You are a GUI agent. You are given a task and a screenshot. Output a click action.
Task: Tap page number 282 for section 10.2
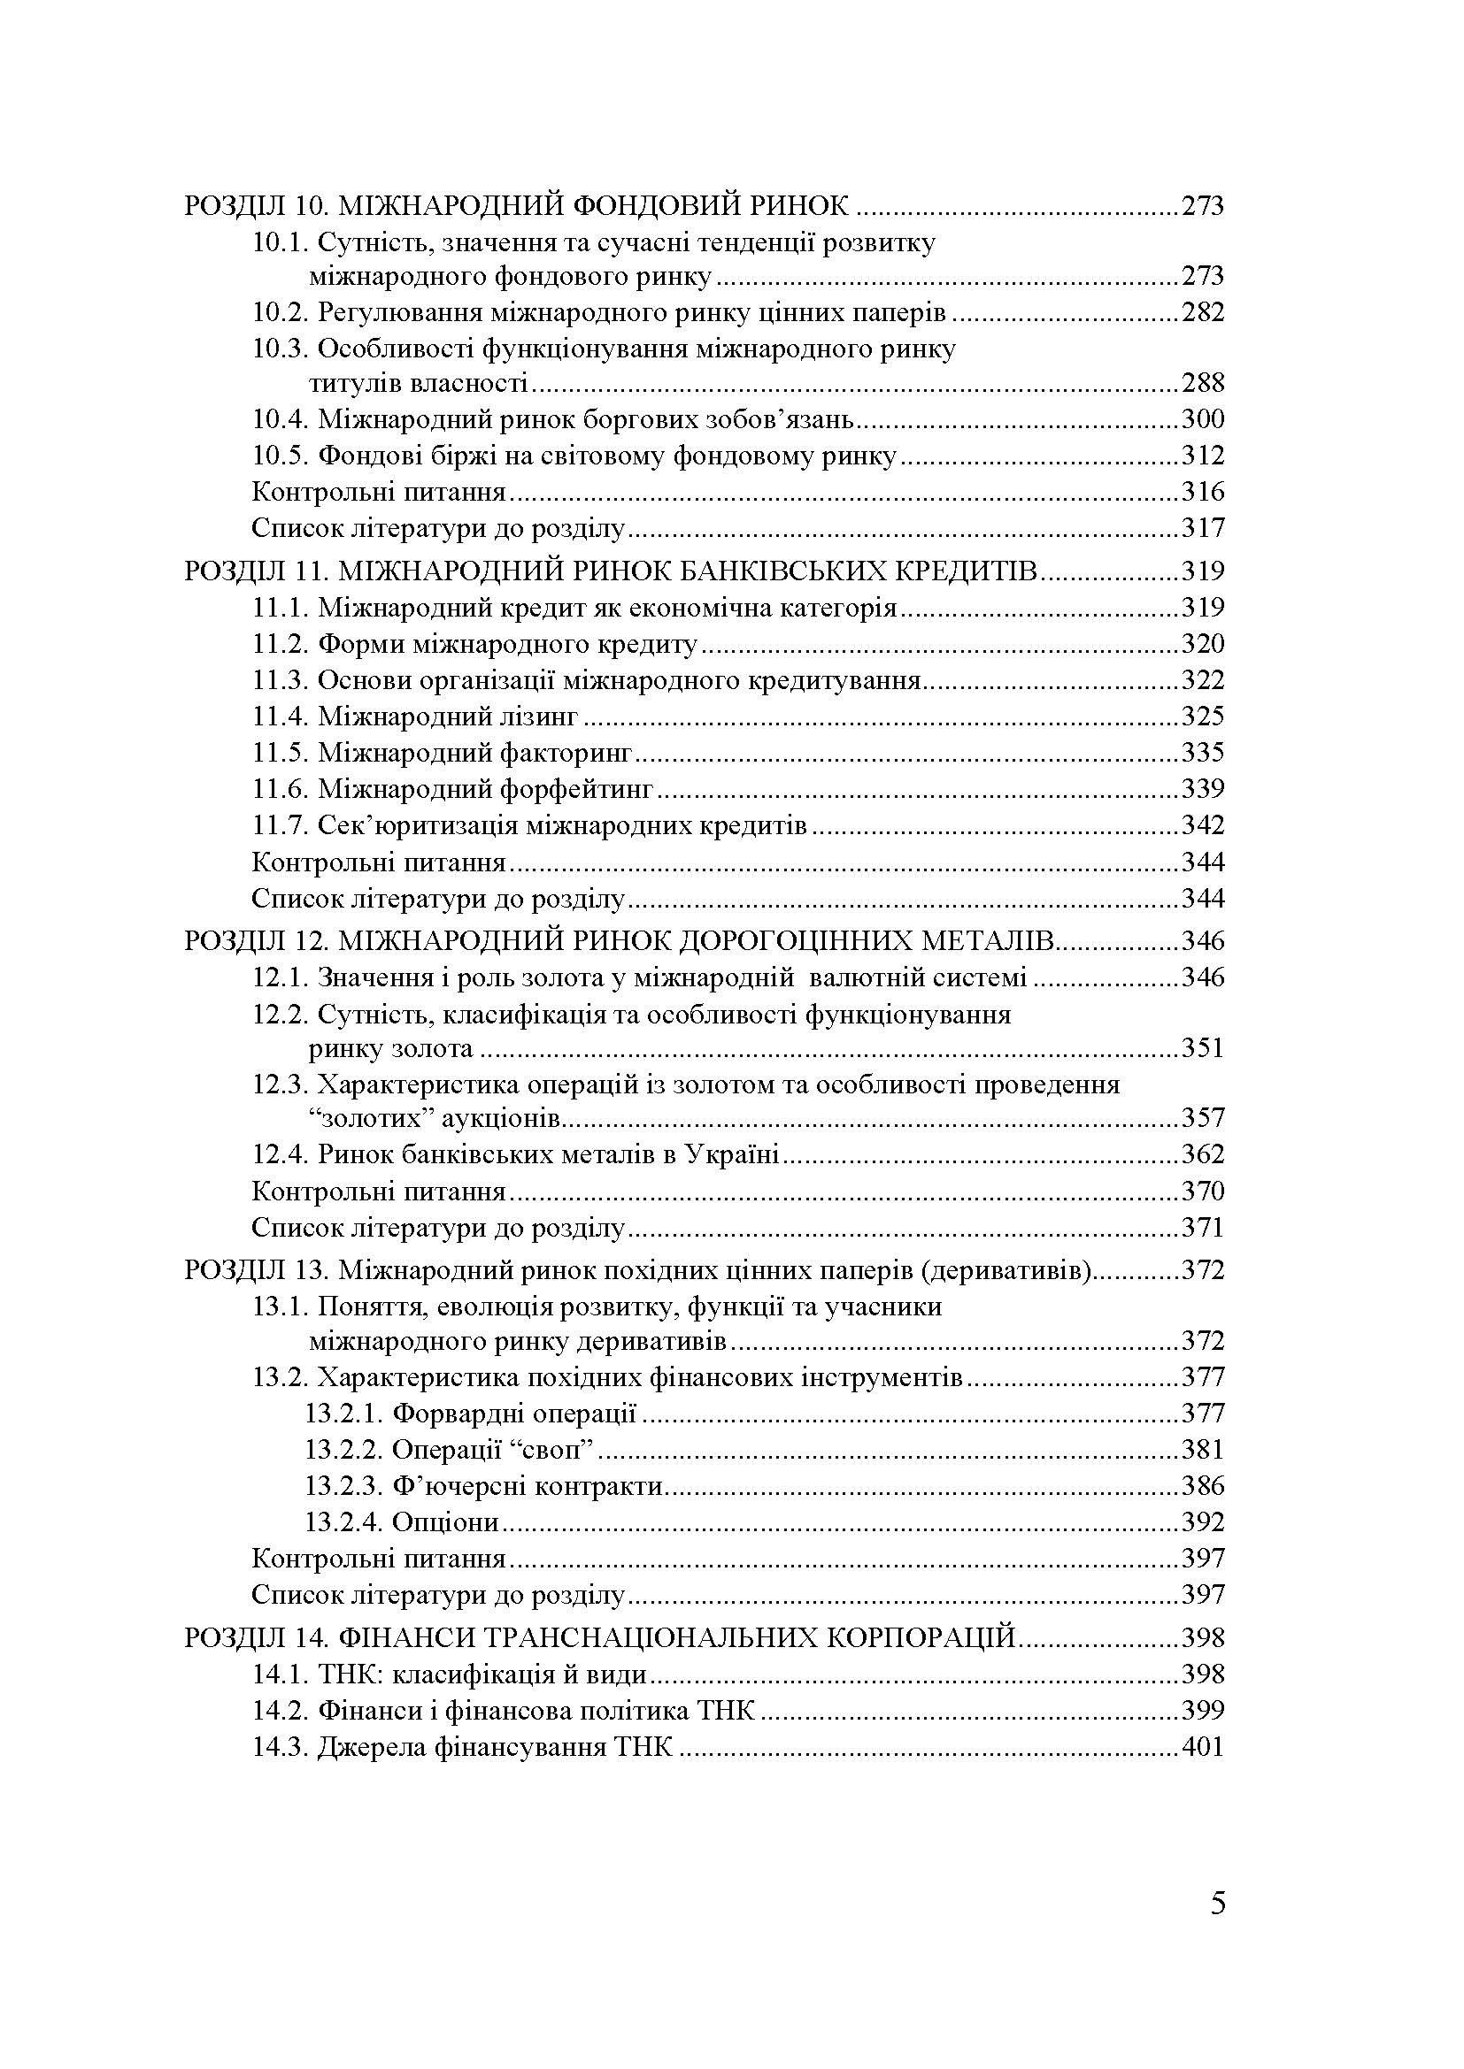[1203, 312]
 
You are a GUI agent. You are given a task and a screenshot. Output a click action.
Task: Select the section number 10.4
[281, 419]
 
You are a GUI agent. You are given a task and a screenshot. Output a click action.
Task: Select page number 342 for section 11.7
[1203, 825]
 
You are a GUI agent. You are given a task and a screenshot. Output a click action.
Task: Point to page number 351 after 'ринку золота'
[1203, 1048]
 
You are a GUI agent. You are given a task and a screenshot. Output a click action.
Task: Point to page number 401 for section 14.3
[1203, 1747]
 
